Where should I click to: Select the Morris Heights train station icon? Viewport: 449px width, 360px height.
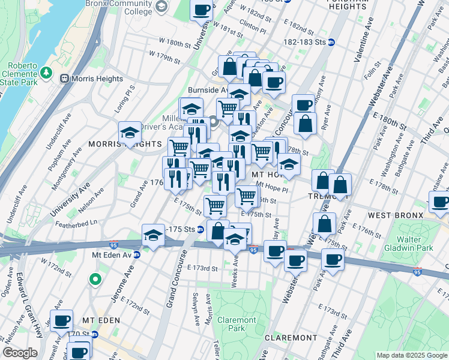point(65,79)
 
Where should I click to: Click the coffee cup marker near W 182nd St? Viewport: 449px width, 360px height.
point(202,10)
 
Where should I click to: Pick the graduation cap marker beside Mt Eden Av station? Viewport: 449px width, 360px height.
point(154,235)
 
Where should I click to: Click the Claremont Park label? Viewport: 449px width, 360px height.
point(231,324)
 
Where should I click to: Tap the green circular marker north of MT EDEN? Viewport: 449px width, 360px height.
point(95,279)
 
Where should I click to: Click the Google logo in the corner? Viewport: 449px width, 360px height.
point(20,353)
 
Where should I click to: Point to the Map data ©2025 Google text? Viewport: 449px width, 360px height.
point(411,355)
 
